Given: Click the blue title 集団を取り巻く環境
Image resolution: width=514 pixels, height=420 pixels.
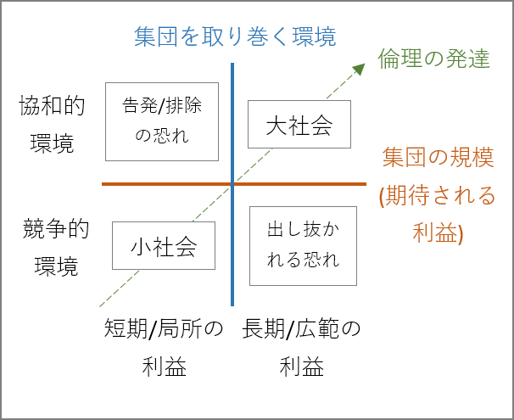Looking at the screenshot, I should point(235,36).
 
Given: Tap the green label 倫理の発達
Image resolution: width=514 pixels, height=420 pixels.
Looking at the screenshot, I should point(433,59).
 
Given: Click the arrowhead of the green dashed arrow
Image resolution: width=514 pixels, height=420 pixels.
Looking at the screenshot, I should point(360,69).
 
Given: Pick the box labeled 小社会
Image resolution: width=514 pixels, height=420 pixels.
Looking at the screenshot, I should point(163,246).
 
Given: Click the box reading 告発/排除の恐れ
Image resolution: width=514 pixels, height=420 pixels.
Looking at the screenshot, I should point(162,121).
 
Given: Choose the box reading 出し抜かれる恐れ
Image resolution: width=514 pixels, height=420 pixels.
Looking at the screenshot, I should point(303,244).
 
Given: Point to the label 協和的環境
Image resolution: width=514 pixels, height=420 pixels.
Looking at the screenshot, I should point(52,124).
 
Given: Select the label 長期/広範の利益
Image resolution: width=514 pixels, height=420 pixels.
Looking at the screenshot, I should point(301,348).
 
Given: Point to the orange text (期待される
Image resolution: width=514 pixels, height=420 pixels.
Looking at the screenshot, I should point(437,197).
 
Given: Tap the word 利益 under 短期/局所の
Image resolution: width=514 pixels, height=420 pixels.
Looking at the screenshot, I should point(164,367).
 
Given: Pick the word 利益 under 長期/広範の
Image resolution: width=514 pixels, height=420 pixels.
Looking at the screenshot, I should point(301,367).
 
